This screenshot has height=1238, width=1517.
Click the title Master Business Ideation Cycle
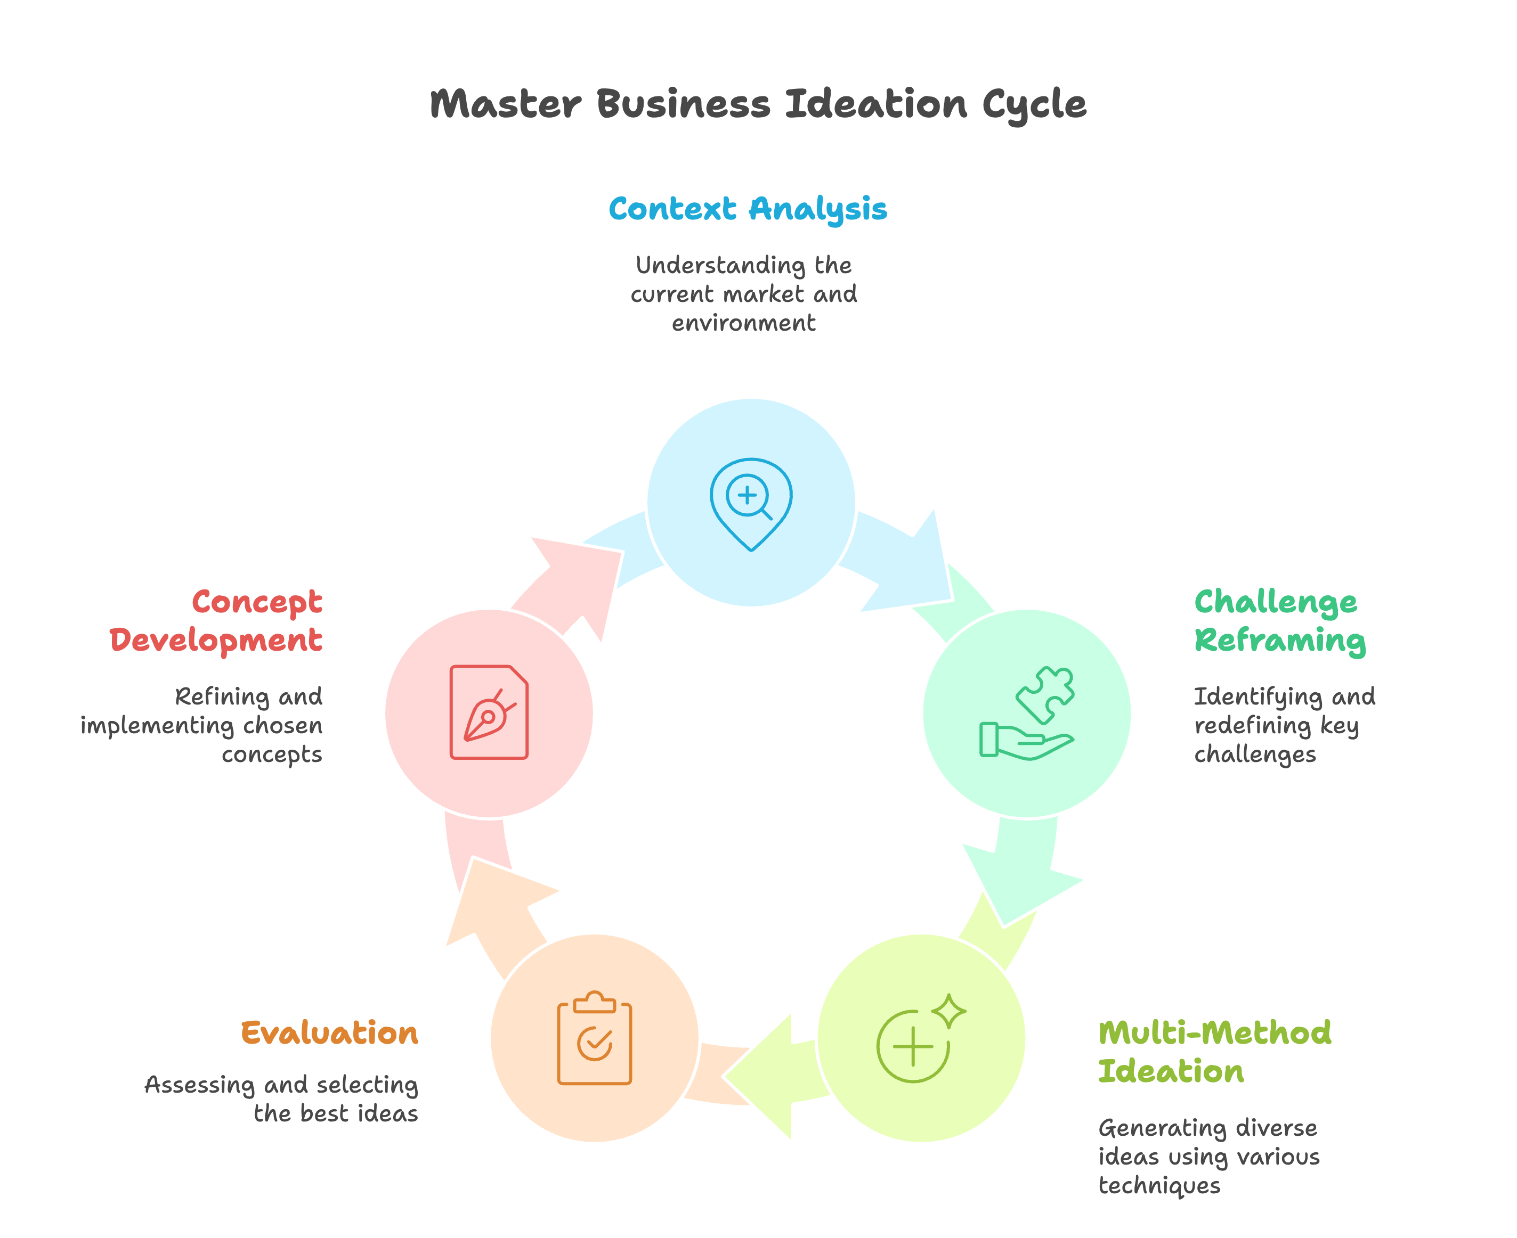click(758, 104)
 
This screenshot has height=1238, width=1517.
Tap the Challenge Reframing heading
click(1279, 620)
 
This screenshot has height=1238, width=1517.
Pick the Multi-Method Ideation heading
click(1214, 1052)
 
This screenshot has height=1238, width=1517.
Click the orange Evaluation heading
click(330, 1034)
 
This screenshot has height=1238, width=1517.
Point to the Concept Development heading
click(216, 620)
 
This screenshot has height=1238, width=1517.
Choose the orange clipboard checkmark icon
click(594, 1038)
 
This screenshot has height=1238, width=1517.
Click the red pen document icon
click(489, 712)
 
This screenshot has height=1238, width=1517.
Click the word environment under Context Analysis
click(743, 323)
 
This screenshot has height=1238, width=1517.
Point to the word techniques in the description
click(1159, 1185)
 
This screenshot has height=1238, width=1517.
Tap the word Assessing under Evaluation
click(199, 1085)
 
